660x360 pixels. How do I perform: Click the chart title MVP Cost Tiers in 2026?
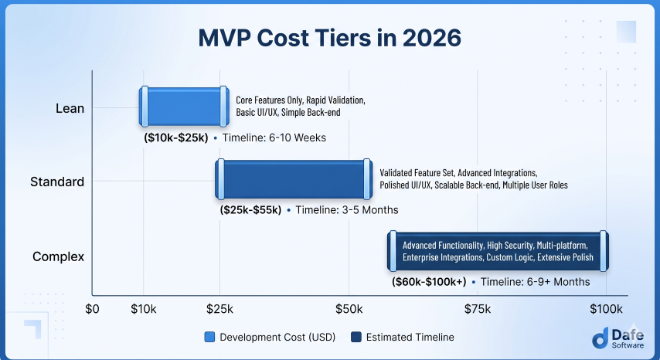pos(329,38)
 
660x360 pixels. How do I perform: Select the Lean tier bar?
pos(185,107)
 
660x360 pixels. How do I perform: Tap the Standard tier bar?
pos(294,179)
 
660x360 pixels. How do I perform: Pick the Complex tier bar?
pos(498,251)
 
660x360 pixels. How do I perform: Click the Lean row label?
pos(70,108)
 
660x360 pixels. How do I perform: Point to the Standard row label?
pos(57,182)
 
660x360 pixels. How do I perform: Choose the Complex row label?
pos(59,256)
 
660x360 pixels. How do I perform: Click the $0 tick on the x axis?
pos(92,309)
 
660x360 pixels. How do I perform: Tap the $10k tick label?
pos(144,309)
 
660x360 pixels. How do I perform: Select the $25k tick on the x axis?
pos(219,309)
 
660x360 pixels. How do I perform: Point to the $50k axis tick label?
pos(349,309)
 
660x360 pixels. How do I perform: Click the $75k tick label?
pos(478,309)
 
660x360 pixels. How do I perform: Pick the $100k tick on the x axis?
pos(606,309)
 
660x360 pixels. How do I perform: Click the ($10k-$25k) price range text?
pos(176,138)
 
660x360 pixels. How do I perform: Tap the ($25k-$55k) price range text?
pos(250,210)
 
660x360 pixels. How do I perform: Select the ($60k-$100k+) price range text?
pos(429,282)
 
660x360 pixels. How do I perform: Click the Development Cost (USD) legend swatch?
pos(209,337)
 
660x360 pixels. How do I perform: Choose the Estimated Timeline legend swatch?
pos(356,337)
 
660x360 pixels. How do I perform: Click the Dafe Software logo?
pos(618,338)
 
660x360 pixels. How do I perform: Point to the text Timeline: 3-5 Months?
pos(347,210)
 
